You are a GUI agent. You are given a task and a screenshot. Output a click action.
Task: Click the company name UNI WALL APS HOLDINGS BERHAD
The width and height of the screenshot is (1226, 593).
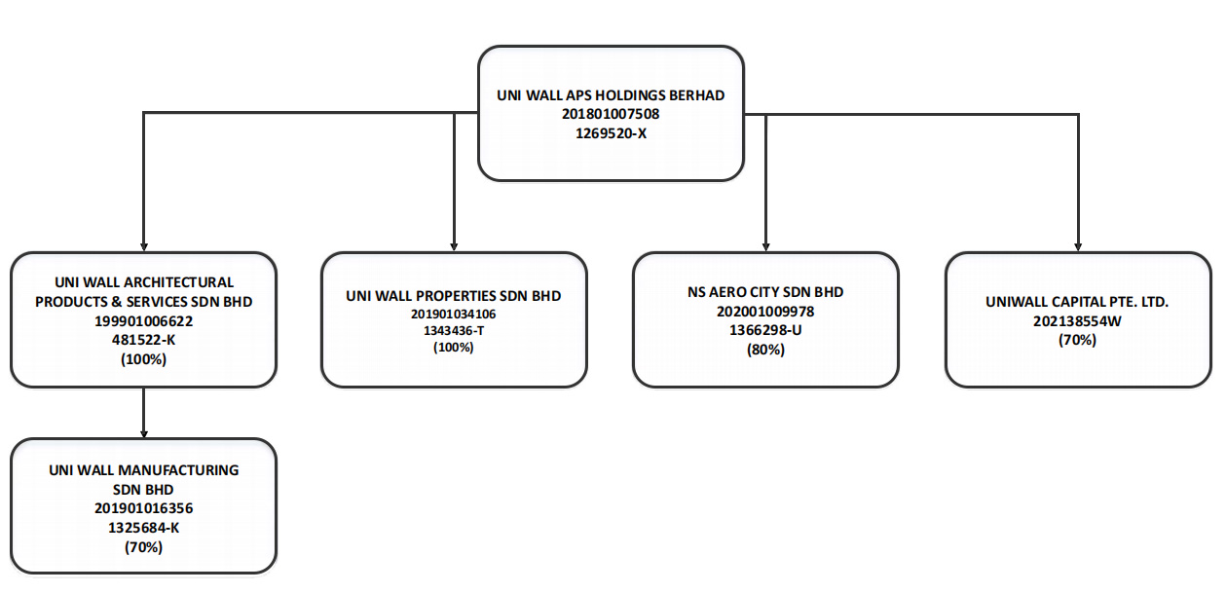[611, 95]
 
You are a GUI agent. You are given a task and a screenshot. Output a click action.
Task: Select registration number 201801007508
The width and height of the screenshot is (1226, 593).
[611, 114]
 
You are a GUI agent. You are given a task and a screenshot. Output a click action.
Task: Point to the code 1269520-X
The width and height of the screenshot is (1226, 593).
[611, 133]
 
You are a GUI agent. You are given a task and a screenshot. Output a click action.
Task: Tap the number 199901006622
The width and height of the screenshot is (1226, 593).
[143, 320]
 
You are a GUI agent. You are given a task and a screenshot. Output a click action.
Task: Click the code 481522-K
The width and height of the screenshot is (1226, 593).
[143, 340]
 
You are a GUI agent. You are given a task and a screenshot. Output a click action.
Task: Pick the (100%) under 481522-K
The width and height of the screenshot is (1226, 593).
[143, 359]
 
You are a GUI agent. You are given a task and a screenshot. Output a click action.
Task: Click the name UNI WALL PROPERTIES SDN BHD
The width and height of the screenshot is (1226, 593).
[453, 296]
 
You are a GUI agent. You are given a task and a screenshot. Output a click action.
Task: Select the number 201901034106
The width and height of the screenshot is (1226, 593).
[453, 314]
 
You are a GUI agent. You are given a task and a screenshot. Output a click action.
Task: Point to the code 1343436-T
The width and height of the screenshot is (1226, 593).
[453, 330]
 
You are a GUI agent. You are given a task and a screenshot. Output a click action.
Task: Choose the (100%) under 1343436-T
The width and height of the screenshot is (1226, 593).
[453, 347]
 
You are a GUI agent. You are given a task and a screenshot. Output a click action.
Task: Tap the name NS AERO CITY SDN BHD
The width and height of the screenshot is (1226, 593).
[765, 292]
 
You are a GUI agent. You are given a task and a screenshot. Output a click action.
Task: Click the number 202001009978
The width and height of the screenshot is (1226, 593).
[765, 312]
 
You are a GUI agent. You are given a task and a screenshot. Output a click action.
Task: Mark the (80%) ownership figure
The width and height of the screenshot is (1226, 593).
[765, 349]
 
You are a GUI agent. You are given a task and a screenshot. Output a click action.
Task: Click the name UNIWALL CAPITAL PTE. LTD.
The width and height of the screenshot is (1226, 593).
[1077, 302]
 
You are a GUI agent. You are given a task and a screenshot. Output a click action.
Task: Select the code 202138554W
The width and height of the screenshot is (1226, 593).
[1077, 320]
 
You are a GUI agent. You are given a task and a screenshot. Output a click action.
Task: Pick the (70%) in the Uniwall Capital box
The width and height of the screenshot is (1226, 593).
[1077, 340]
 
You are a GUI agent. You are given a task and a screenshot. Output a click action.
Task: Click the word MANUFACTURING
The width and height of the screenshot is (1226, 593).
[178, 470]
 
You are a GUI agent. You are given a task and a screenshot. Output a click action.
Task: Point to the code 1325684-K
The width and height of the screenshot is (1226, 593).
[143, 528]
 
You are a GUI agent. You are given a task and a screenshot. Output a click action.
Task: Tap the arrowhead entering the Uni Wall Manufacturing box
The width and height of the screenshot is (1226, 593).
[143, 434]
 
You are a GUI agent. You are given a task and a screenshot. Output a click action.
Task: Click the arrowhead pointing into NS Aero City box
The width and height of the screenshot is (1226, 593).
[765, 247]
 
